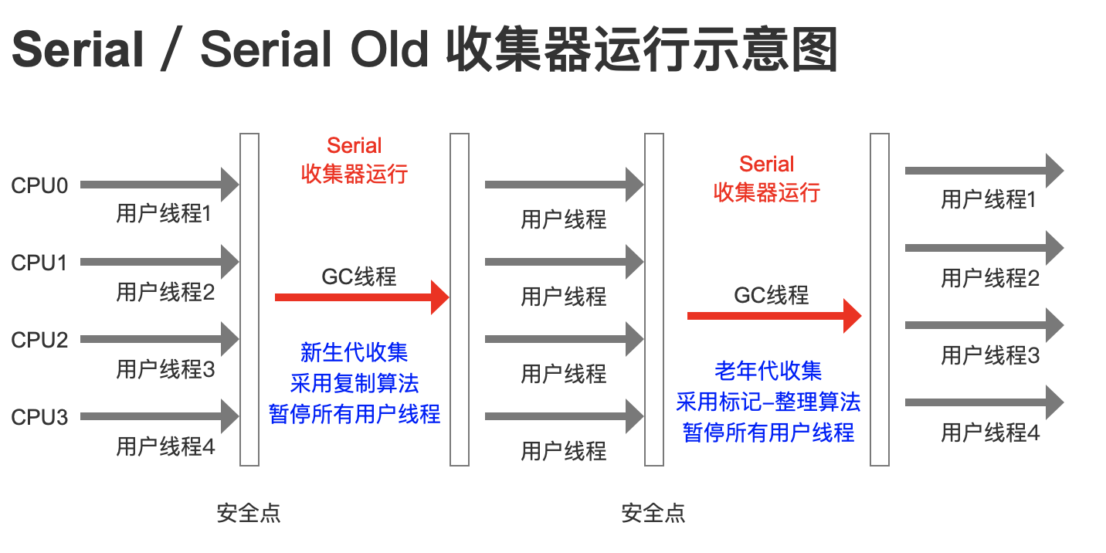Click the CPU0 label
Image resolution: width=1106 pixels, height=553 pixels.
point(39,186)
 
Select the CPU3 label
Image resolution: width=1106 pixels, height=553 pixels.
point(39,418)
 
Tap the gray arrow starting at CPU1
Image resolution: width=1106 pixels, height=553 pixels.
point(159,262)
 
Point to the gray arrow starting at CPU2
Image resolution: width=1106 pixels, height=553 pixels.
point(159,339)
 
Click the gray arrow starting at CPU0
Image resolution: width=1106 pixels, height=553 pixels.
point(159,185)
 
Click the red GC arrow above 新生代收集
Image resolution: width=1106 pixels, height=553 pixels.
point(361,297)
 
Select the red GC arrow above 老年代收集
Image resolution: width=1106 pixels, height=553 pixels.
point(774,315)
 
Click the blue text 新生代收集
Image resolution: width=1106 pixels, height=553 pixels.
point(354,353)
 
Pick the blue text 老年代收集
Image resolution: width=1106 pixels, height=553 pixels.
point(768,371)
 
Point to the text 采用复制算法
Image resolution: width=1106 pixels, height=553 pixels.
point(355,383)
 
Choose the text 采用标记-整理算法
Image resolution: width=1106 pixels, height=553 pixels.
point(768,402)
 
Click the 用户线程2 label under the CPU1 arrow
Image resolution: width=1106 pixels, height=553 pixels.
point(165,292)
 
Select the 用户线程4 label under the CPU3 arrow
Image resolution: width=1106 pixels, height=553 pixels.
point(165,446)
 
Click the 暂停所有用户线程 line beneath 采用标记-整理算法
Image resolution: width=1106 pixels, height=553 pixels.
point(768,432)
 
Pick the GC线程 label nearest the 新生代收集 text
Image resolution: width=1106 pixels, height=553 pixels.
point(359,276)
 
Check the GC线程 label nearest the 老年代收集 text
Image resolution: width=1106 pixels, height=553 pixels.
point(772,294)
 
